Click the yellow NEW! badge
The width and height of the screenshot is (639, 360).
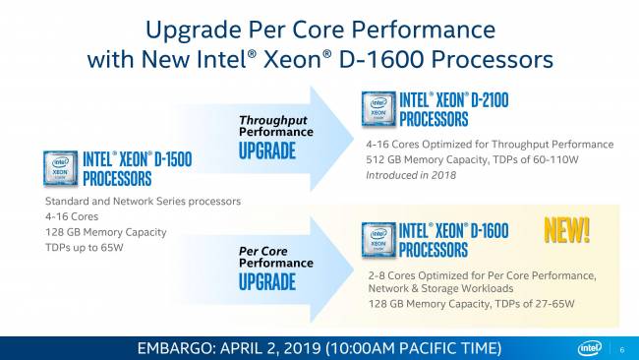pos(567,229)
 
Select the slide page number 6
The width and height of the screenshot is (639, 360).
pos(622,349)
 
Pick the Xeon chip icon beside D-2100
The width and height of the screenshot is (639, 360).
pos(378,109)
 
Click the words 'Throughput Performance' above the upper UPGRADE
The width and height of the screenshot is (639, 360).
pos(273,125)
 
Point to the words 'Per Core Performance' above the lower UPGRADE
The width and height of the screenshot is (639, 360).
pos(275,257)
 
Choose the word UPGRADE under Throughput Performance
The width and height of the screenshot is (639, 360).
pos(266,150)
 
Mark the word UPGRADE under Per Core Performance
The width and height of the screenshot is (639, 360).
pos(266,282)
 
